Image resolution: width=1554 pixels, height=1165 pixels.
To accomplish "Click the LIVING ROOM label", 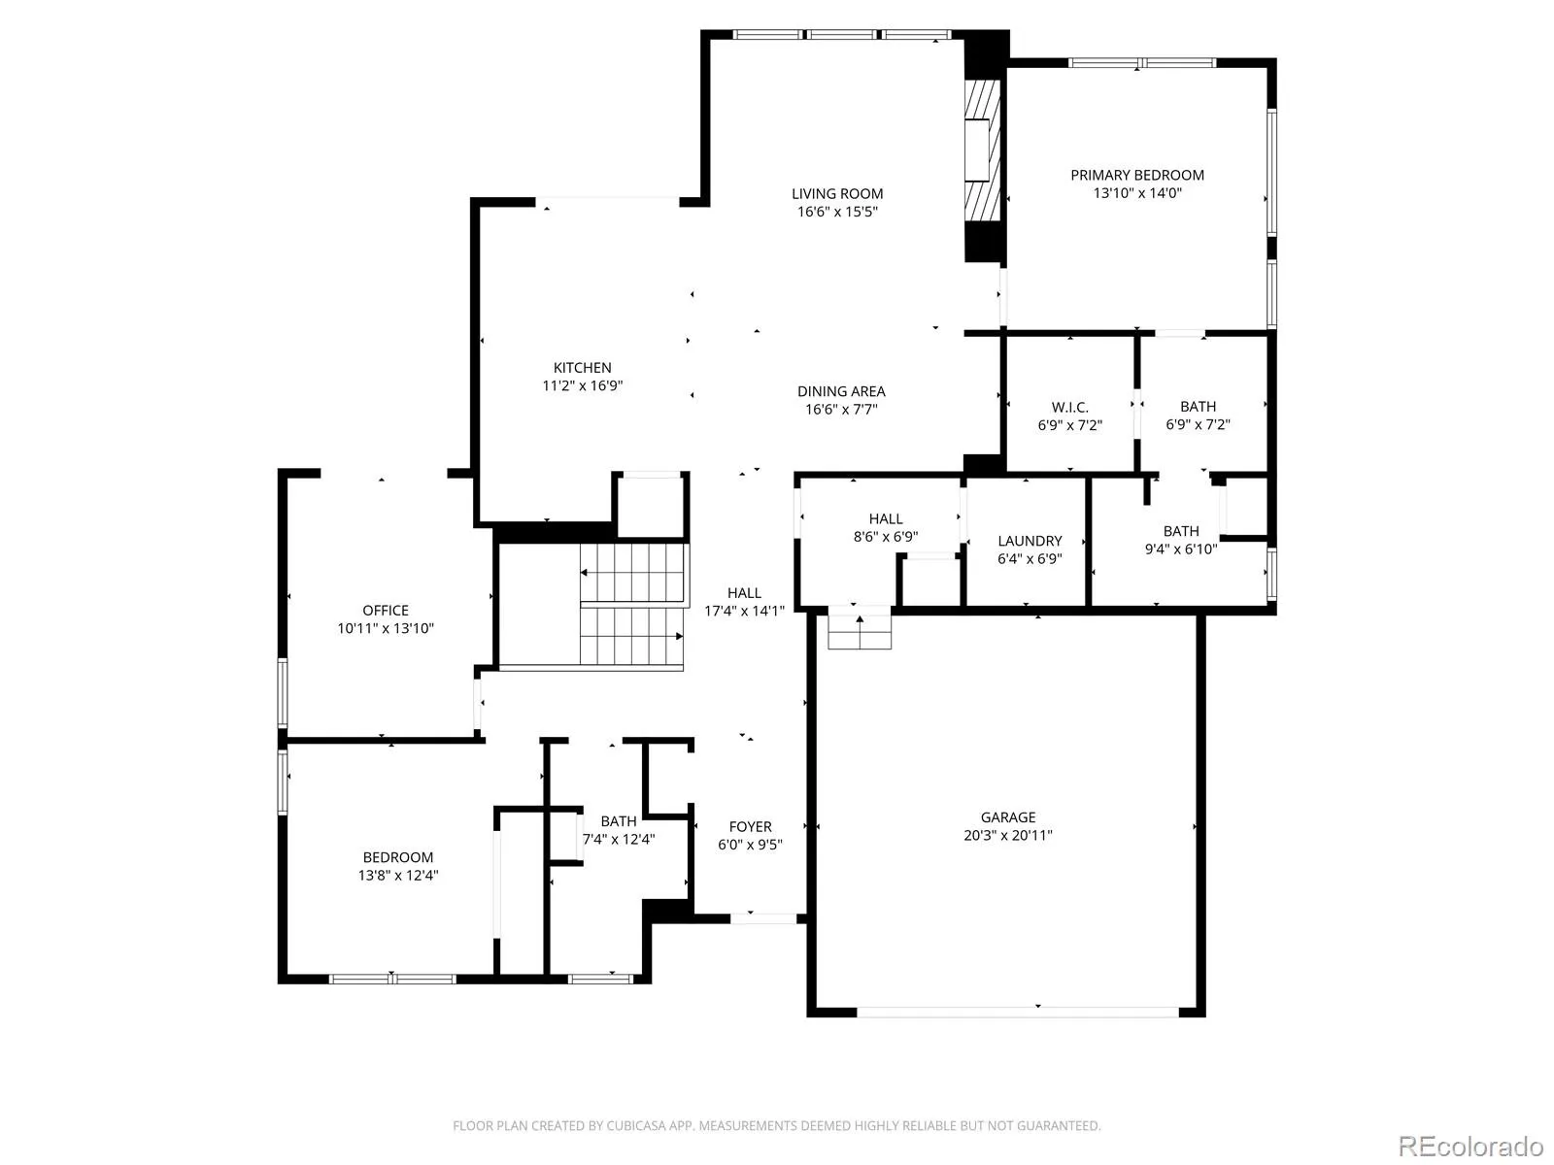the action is click(x=837, y=194).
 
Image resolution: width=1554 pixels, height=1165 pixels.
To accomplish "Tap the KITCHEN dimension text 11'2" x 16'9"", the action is click(x=582, y=385).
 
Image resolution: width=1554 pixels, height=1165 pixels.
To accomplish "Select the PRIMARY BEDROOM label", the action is click(x=1137, y=176).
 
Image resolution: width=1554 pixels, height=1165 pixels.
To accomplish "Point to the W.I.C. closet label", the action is click(x=1069, y=408).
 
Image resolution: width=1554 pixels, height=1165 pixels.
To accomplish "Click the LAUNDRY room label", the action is click(x=1030, y=541).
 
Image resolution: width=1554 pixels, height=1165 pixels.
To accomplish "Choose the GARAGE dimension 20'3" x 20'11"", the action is click(x=1007, y=835).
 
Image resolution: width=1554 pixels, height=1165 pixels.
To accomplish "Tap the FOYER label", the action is click(x=750, y=827).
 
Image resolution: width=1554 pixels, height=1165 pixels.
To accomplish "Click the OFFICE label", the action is click(x=386, y=611).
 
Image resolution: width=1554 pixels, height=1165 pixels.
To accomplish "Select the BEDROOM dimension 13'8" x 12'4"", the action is click(x=398, y=876).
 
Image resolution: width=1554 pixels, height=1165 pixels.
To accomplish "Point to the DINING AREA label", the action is click(x=841, y=392).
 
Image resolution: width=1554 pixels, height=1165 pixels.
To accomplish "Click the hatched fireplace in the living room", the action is click(x=982, y=150).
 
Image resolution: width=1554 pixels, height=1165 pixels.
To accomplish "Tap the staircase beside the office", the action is click(x=632, y=605).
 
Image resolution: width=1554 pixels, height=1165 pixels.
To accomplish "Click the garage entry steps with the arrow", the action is click(x=860, y=627).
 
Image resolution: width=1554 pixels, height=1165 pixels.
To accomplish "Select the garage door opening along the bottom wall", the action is click(x=1018, y=1013).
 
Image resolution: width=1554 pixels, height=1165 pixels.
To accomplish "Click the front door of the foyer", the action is click(x=763, y=918).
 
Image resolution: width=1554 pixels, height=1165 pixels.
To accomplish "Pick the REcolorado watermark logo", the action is click(x=1471, y=1146).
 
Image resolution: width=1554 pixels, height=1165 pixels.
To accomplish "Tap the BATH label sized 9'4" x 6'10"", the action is click(x=1181, y=531).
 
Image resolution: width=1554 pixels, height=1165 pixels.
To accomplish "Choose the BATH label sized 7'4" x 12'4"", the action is click(x=618, y=822).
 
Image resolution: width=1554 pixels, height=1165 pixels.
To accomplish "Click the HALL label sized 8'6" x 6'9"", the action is click(x=885, y=519).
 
